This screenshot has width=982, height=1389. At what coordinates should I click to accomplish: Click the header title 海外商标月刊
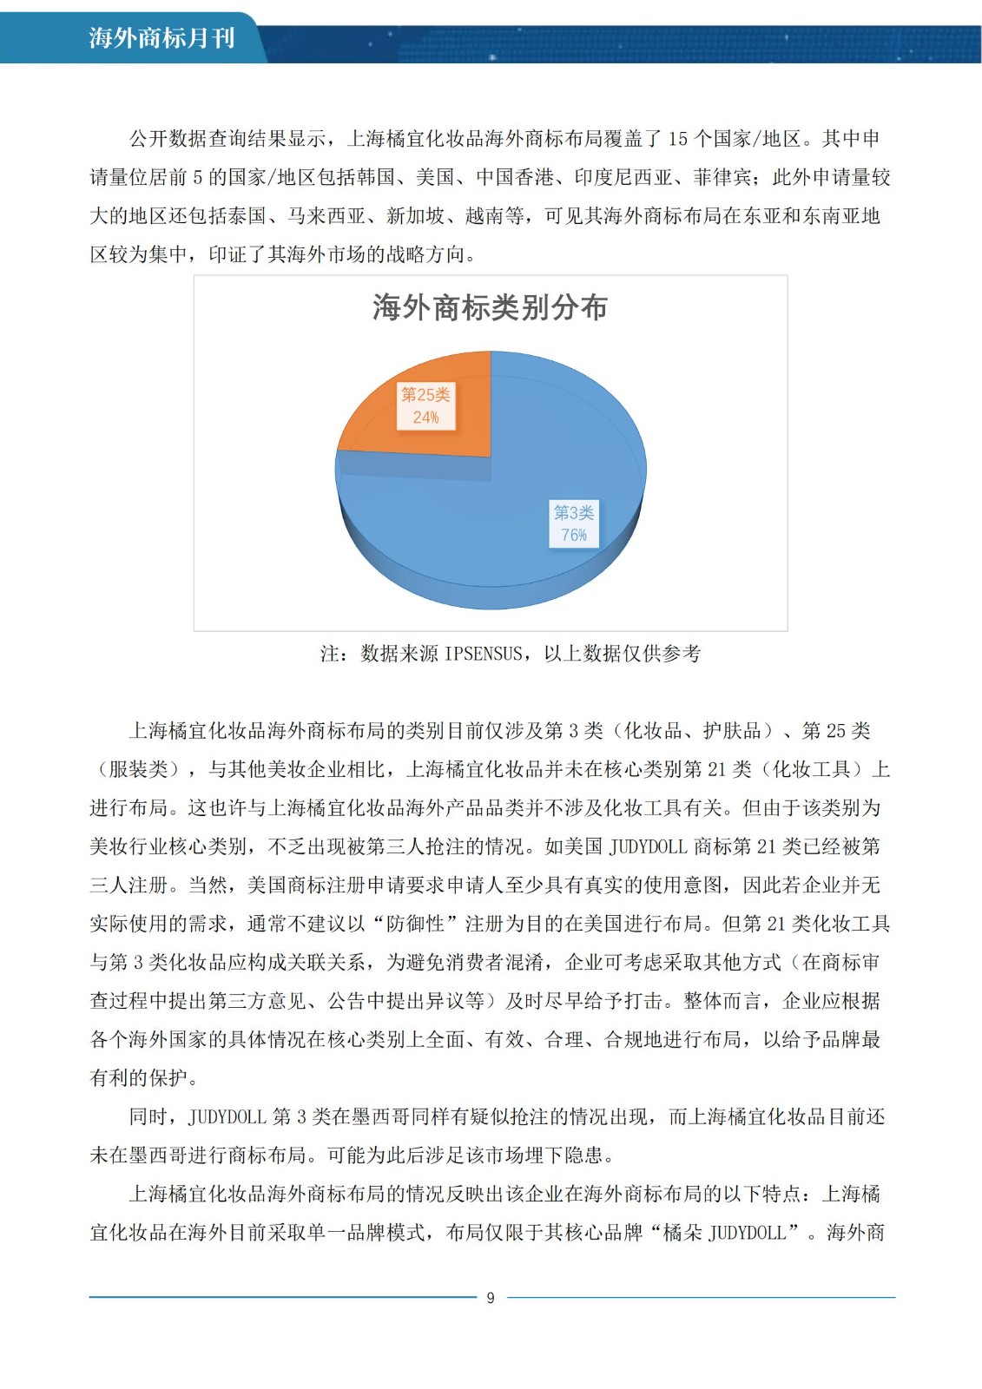pos(161,38)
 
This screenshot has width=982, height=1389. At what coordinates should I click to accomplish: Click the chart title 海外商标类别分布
pos(490,307)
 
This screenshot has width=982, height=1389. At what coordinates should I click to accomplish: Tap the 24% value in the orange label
pos(425,418)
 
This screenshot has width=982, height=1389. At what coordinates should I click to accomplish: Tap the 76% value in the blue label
pos(574,536)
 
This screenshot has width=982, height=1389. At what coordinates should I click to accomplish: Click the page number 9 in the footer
pos(491,1298)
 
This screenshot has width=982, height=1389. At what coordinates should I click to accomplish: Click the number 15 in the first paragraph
pos(677,139)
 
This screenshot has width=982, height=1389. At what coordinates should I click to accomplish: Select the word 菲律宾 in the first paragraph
pos(722,178)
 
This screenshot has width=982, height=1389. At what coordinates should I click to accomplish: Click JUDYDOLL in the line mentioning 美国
pos(649,846)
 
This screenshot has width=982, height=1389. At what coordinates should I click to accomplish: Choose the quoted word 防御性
pos(415,924)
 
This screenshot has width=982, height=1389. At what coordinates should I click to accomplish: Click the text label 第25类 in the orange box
pos(425,395)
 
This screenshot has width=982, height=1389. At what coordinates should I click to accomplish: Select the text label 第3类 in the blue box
pos(574,513)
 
